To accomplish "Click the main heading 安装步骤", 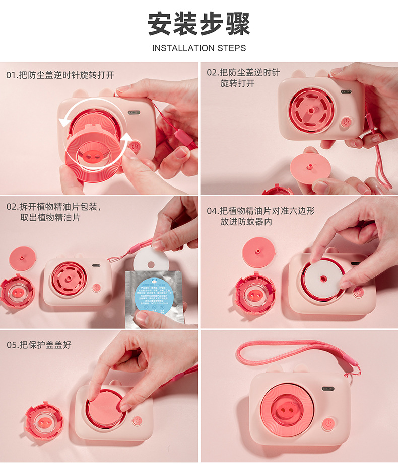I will (198, 24).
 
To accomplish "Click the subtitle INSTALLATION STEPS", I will (198, 48).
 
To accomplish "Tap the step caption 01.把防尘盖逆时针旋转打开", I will (60, 75).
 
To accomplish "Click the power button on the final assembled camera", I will (328, 424).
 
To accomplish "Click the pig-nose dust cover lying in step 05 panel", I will (44, 420).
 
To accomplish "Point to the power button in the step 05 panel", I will (136, 420).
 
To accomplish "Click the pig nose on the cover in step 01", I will (93, 155).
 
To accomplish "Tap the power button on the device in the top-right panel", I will (346, 122).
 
